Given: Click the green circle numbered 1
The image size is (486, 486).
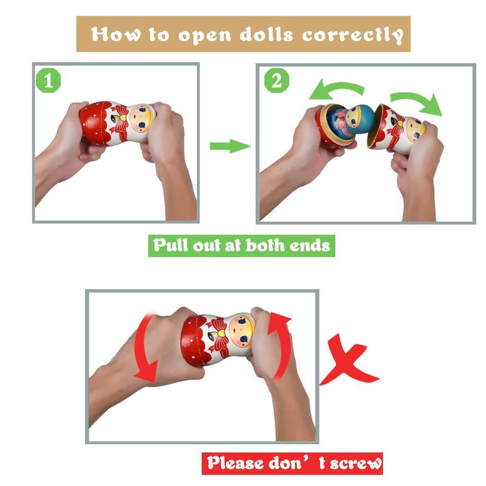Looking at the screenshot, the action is click(49, 81).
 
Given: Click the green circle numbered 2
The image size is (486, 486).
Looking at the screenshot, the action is click(276, 81).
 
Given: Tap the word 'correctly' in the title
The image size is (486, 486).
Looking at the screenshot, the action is click(353, 35).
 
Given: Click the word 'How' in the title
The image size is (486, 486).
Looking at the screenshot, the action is click(115, 34).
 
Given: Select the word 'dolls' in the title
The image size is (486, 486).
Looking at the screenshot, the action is click(266, 34).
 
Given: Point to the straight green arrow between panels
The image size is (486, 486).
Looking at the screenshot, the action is click(230, 146).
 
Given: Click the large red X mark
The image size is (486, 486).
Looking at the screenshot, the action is click(349, 360).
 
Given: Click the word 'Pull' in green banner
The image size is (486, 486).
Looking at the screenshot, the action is click(171, 245).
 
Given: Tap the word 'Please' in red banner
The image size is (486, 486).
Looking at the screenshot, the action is click(236, 463).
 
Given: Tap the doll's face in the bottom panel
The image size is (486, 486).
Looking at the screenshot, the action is click(241, 330).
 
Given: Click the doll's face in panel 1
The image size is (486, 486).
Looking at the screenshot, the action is click(142, 118).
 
